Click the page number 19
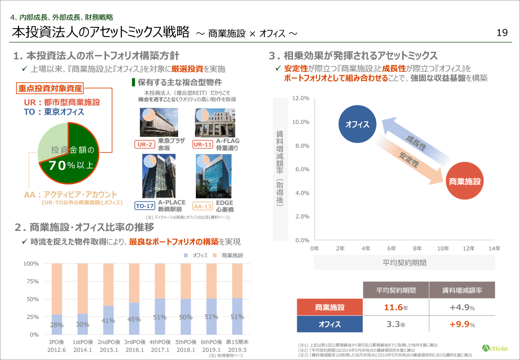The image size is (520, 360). tap(502, 33)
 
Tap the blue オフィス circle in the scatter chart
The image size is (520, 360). tap(357, 125)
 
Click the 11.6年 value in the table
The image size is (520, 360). tap(395, 308)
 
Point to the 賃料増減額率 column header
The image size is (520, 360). tap(462, 290)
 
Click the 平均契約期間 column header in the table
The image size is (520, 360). tap(396, 290)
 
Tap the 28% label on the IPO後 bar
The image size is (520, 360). tap(56, 325)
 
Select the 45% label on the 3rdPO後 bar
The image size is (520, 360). tap(134, 320)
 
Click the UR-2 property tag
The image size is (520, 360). tap(145, 144)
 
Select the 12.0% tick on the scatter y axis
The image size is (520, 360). tap(300, 98)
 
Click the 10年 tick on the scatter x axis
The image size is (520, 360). tap(442, 249)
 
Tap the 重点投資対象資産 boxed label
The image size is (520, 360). tap(50, 88)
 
